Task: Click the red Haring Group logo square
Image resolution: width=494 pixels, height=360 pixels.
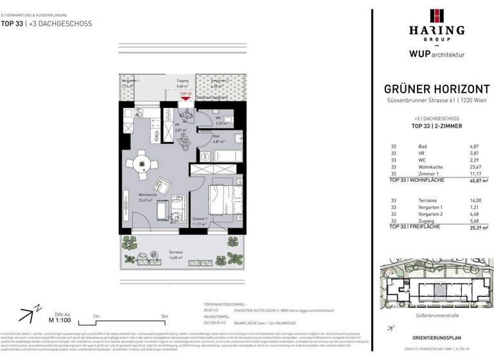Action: tap(432, 15)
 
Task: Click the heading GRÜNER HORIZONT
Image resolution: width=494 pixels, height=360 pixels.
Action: tap(432, 89)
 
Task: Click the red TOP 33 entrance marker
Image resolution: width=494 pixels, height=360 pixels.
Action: tap(186, 96)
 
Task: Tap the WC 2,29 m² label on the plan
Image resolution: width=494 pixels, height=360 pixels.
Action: tap(219, 120)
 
